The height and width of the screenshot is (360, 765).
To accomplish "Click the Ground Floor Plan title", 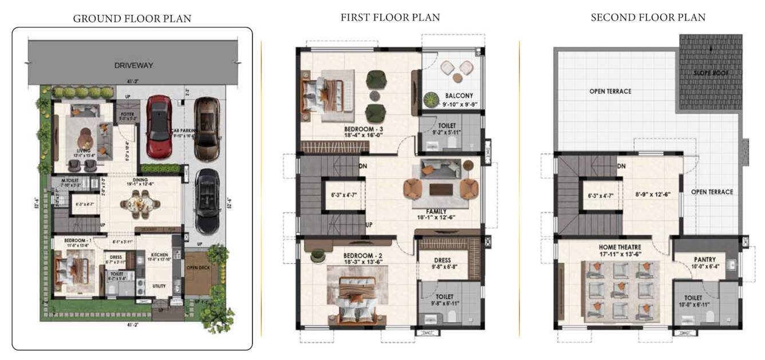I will coord(132,19).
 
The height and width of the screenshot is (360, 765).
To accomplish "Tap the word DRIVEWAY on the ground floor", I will coord(133,65).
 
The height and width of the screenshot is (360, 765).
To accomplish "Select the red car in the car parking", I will coord(159,126).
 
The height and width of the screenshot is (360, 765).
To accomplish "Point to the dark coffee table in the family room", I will coord(440,188).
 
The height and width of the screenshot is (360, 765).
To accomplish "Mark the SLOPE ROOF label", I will coord(711,73).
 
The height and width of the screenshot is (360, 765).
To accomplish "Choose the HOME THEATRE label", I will coord(614,247).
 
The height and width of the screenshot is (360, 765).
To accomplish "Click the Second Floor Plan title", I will coord(648,18).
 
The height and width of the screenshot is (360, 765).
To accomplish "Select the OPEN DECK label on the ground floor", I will coord(200,267).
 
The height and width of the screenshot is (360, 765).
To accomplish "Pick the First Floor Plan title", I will coord(390,18).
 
